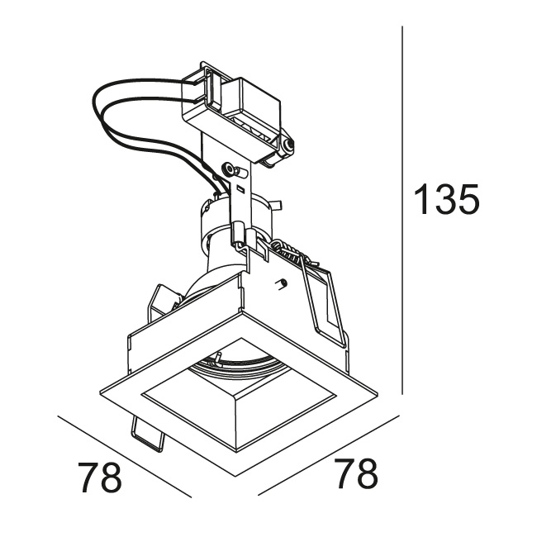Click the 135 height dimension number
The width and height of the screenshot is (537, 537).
point(447,199)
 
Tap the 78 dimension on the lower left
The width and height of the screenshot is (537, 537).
point(100,478)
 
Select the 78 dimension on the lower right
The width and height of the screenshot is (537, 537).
point(356,473)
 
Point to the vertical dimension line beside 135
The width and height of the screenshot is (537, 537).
point(402,211)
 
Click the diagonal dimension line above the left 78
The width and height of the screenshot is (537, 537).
point(125,457)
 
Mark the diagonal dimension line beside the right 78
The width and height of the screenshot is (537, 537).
point(329,455)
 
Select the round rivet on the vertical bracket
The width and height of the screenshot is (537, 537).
point(228,169)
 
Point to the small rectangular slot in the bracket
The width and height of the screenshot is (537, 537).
point(240,188)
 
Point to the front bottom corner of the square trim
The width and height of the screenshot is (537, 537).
point(235,475)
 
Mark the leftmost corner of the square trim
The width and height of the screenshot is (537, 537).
point(100,392)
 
